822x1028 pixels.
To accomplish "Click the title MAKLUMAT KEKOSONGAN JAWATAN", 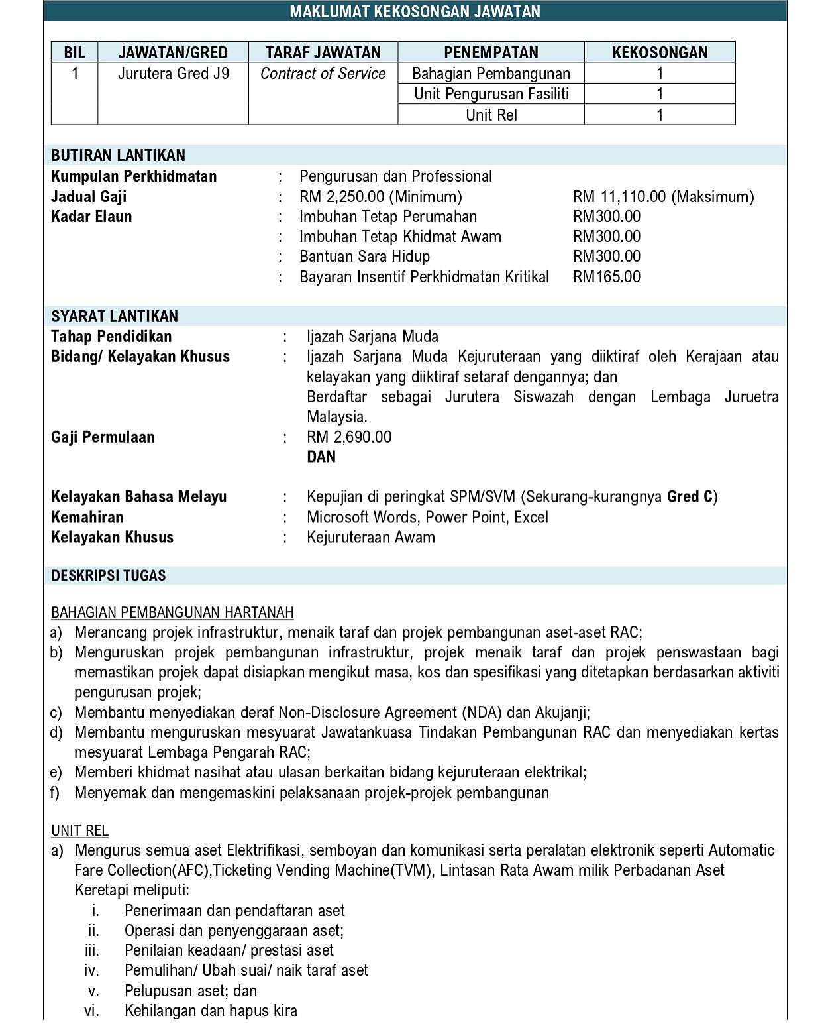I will [x=415, y=11].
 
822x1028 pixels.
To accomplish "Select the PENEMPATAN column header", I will [x=491, y=52].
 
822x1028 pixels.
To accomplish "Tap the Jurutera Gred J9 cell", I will [x=173, y=74].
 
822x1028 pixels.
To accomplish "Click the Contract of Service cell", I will [x=323, y=74].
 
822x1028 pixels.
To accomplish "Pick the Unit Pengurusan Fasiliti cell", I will [x=491, y=94].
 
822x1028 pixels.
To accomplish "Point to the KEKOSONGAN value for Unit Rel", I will [x=659, y=115].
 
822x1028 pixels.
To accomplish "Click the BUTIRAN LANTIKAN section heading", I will [x=119, y=156].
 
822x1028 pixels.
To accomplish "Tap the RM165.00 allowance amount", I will [x=607, y=276].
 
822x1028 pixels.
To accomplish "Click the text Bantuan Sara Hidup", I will [x=364, y=257].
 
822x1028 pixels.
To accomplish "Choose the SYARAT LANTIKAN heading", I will [x=115, y=316].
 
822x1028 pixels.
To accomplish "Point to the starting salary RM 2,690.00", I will [x=349, y=437].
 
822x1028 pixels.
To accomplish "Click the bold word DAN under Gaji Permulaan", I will [x=321, y=457].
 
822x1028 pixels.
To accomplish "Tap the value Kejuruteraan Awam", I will [x=371, y=538].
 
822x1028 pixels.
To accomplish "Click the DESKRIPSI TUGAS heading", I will [x=109, y=575].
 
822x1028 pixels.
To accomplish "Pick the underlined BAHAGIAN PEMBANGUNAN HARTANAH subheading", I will [x=172, y=612].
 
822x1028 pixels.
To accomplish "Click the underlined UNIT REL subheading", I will [x=79, y=830].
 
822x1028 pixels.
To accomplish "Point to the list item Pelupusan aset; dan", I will [x=191, y=991].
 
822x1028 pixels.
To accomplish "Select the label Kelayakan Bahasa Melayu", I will [x=139, y=497].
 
